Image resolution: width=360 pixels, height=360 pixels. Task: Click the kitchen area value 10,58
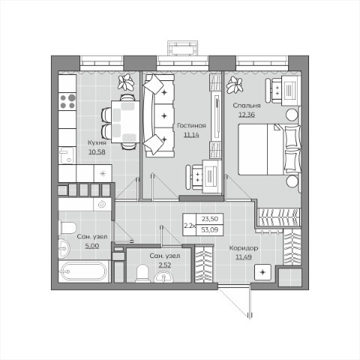pos(97,151)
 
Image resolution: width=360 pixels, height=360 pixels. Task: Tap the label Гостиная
pos(191,125)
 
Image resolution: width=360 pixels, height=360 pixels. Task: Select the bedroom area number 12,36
pos(247,115)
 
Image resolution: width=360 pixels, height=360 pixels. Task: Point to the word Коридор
pos(244,248)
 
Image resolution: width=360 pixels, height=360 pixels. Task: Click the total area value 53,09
pos(210,229)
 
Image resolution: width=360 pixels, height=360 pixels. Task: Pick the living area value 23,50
pos(210,219)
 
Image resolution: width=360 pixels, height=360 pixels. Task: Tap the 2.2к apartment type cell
pos(190,226)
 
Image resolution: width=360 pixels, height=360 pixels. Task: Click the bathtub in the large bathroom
pos(85,271)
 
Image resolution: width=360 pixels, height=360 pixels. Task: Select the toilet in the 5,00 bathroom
pos(67,228)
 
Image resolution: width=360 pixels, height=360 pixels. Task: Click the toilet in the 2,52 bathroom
pos(143,274)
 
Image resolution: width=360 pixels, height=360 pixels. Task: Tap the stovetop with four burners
pos(67,101)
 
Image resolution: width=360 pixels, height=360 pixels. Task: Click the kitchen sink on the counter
pos(67,155)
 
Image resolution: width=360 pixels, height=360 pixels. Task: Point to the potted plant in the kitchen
pos(126,82)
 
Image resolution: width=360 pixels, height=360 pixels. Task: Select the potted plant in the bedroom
pos(235,85)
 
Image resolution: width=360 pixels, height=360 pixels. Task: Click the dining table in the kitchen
pos(125,121)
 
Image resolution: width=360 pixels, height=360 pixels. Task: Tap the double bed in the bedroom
pos(269,149)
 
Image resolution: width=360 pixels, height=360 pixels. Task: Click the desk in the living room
pos(212,176)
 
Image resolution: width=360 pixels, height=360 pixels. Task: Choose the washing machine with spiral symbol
pos(102,204)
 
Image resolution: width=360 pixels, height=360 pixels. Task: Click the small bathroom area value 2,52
pos(165,265)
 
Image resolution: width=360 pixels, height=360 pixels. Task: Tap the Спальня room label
pos(247,106)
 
